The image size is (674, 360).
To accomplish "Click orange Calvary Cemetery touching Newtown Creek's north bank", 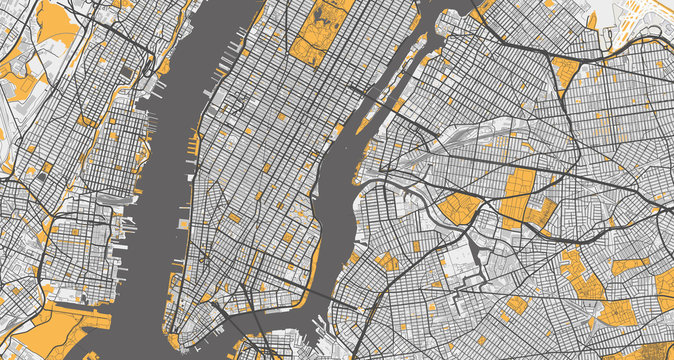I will click(x=459, y=209).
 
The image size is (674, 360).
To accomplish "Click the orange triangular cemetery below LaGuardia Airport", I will click(x=565, y=70).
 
